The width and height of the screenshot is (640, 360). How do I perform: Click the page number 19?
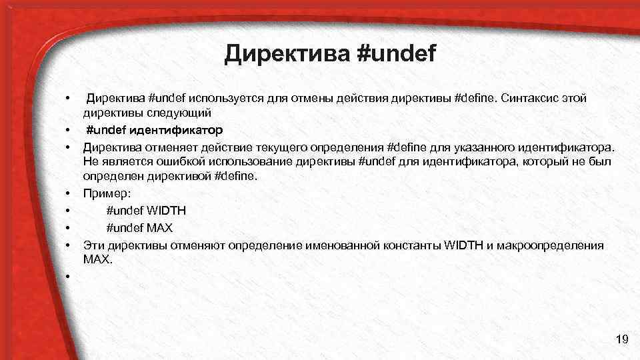coord(622,341)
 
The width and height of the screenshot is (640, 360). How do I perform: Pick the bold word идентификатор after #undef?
coord(177,129)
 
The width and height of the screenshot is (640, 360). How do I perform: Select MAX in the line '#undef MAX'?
coord(160,228)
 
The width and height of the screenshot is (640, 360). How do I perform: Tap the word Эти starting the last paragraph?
coord(94,245)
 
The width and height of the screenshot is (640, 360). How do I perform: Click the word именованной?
coord(341,245)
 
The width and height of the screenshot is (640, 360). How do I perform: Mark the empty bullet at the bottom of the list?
coord(69,277)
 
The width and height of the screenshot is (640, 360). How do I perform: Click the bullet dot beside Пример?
coord(69,195)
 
